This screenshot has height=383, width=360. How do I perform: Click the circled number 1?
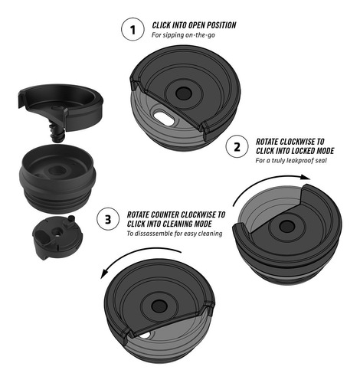133,29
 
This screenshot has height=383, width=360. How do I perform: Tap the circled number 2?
237,147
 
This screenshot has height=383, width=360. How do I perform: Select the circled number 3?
108,219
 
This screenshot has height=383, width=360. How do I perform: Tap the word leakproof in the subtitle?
300,161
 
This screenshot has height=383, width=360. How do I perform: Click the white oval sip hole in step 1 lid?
164,118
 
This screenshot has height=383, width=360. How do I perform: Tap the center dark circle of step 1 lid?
183,93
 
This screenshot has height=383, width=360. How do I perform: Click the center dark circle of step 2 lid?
286,226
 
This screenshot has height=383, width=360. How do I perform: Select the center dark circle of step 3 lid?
159,306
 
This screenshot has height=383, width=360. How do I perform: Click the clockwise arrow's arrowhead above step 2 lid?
305,177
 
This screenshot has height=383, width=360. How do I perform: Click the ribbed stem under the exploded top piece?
56,131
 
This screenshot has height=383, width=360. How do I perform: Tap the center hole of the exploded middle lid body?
57,170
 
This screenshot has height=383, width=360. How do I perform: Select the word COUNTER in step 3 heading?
165,214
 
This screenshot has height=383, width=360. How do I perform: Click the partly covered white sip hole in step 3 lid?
145,335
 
